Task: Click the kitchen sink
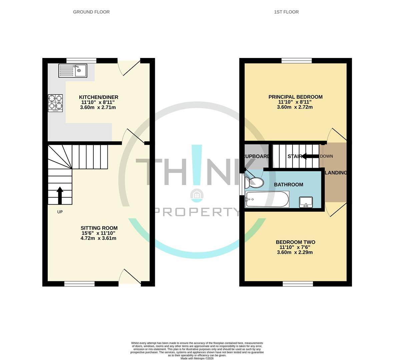73,71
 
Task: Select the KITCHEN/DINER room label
98,97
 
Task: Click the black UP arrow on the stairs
60,195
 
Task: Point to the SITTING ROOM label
99,228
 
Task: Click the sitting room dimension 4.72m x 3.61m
98,238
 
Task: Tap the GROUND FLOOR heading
91,12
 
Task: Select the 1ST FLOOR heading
286,12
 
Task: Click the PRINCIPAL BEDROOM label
295,97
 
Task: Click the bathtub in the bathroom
267,199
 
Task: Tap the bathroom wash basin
306,202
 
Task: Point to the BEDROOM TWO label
295,242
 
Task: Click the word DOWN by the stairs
326,156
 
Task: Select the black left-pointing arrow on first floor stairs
310,156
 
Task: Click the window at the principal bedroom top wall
297,60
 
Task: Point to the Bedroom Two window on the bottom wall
298,284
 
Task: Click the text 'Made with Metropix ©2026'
197,358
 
